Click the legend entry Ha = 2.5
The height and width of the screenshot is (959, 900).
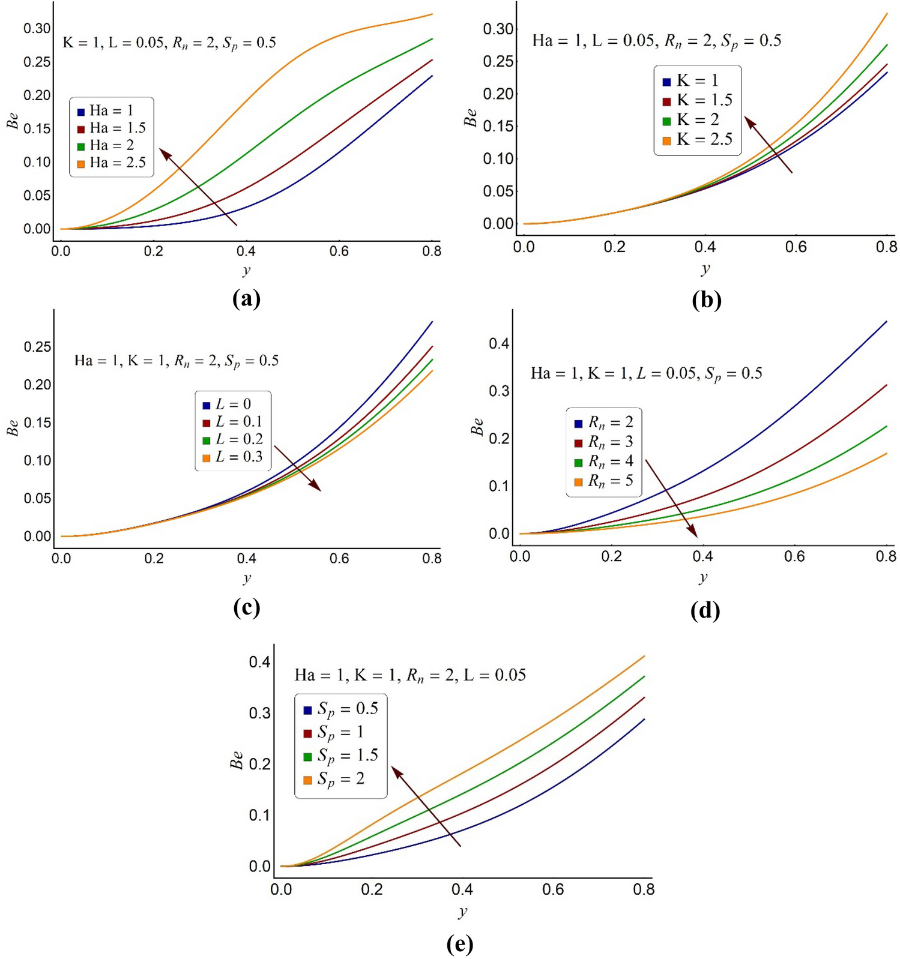coord(112,163)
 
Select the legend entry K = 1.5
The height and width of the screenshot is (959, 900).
coord(698,100)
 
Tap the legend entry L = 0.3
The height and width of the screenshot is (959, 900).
coord(232,457)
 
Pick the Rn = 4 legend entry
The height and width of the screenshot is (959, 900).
coord(603,461)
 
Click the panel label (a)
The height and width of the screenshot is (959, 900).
coord(246,298)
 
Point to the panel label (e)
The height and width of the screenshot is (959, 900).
coord(460,943)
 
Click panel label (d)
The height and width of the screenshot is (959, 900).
coord(705,610)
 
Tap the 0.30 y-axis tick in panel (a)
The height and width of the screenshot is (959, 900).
coord(37,28)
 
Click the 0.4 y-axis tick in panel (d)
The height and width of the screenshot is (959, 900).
coord(498,343)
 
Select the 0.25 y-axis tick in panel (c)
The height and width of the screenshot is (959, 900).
coord(37,347)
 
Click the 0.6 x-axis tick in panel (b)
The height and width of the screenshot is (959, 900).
coord(796,247)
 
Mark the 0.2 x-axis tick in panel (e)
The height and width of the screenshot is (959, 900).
coord(372,889)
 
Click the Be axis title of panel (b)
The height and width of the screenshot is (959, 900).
coord(470,118)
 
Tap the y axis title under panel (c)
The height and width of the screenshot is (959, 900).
coord(246,578)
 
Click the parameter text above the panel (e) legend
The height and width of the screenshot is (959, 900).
coord(410,675)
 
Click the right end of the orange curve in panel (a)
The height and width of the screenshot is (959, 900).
coord(432,14)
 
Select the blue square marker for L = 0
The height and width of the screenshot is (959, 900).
coord(207,406)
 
